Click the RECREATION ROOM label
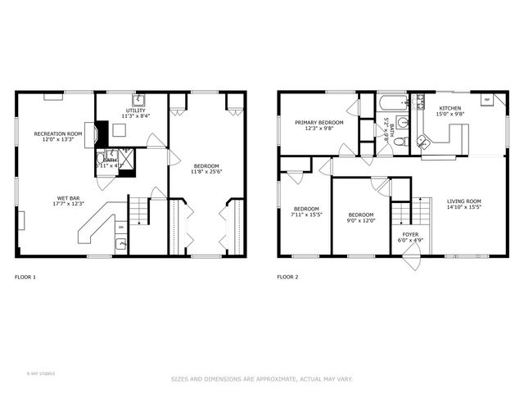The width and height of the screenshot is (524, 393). tap(58, 133)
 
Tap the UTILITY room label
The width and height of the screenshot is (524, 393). tap(135, 111)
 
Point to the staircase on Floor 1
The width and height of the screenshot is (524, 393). tap(142, 212)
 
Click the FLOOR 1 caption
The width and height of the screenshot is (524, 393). tap(25, 278)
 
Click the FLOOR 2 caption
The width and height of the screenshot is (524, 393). tap(287, 278)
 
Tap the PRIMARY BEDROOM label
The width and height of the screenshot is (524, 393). tap(319, 122)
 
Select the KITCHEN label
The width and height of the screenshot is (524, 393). tap(449, 109)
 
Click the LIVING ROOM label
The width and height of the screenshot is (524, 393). tap(463, 201)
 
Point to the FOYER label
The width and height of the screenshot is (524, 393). tap(409, 234)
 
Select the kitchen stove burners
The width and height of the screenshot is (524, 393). tap(422, 102)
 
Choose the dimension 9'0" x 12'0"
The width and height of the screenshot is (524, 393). tap(359, 219)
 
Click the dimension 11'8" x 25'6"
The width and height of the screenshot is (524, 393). tap(206, 172)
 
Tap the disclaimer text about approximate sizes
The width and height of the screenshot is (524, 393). tap(262, 379)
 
